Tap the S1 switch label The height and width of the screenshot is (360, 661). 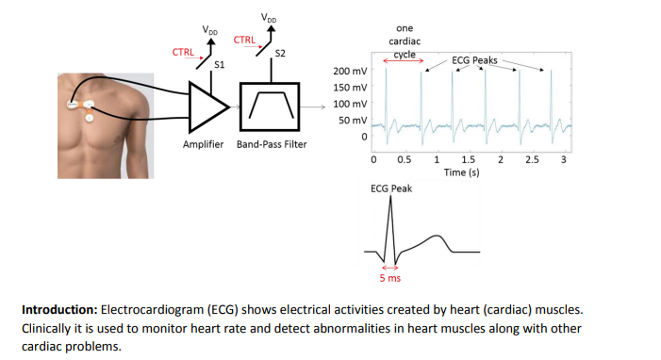(220, 65)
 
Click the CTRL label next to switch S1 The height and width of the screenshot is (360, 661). (183, 51)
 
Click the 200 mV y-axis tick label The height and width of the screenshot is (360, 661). (350, 71)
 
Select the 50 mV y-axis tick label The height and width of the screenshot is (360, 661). (353, 121)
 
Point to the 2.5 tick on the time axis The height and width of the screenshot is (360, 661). (532, 160)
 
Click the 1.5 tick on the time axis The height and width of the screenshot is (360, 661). (468, 160)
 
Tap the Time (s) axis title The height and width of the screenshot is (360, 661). (462, 172)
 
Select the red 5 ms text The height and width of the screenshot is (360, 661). (389, 278)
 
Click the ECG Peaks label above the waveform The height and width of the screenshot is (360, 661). (474, 59)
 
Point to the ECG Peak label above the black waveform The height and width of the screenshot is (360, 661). (390, 188)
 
